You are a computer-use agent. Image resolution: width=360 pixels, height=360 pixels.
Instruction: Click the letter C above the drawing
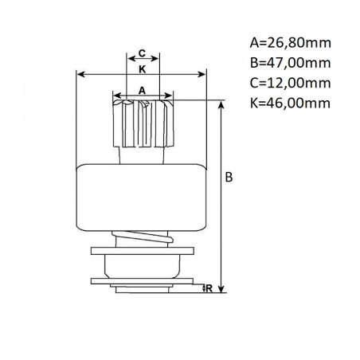coord(142,53)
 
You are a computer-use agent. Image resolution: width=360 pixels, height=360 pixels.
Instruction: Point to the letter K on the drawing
coord(142,69)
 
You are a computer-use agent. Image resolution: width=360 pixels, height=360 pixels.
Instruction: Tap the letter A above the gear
coord(142,91)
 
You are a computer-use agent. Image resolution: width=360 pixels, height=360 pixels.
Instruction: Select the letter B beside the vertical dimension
coord(229,178)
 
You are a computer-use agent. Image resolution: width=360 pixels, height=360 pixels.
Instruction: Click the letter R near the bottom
coord(208,288)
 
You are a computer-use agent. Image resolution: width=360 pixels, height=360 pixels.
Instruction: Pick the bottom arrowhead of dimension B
coord(222,290)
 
